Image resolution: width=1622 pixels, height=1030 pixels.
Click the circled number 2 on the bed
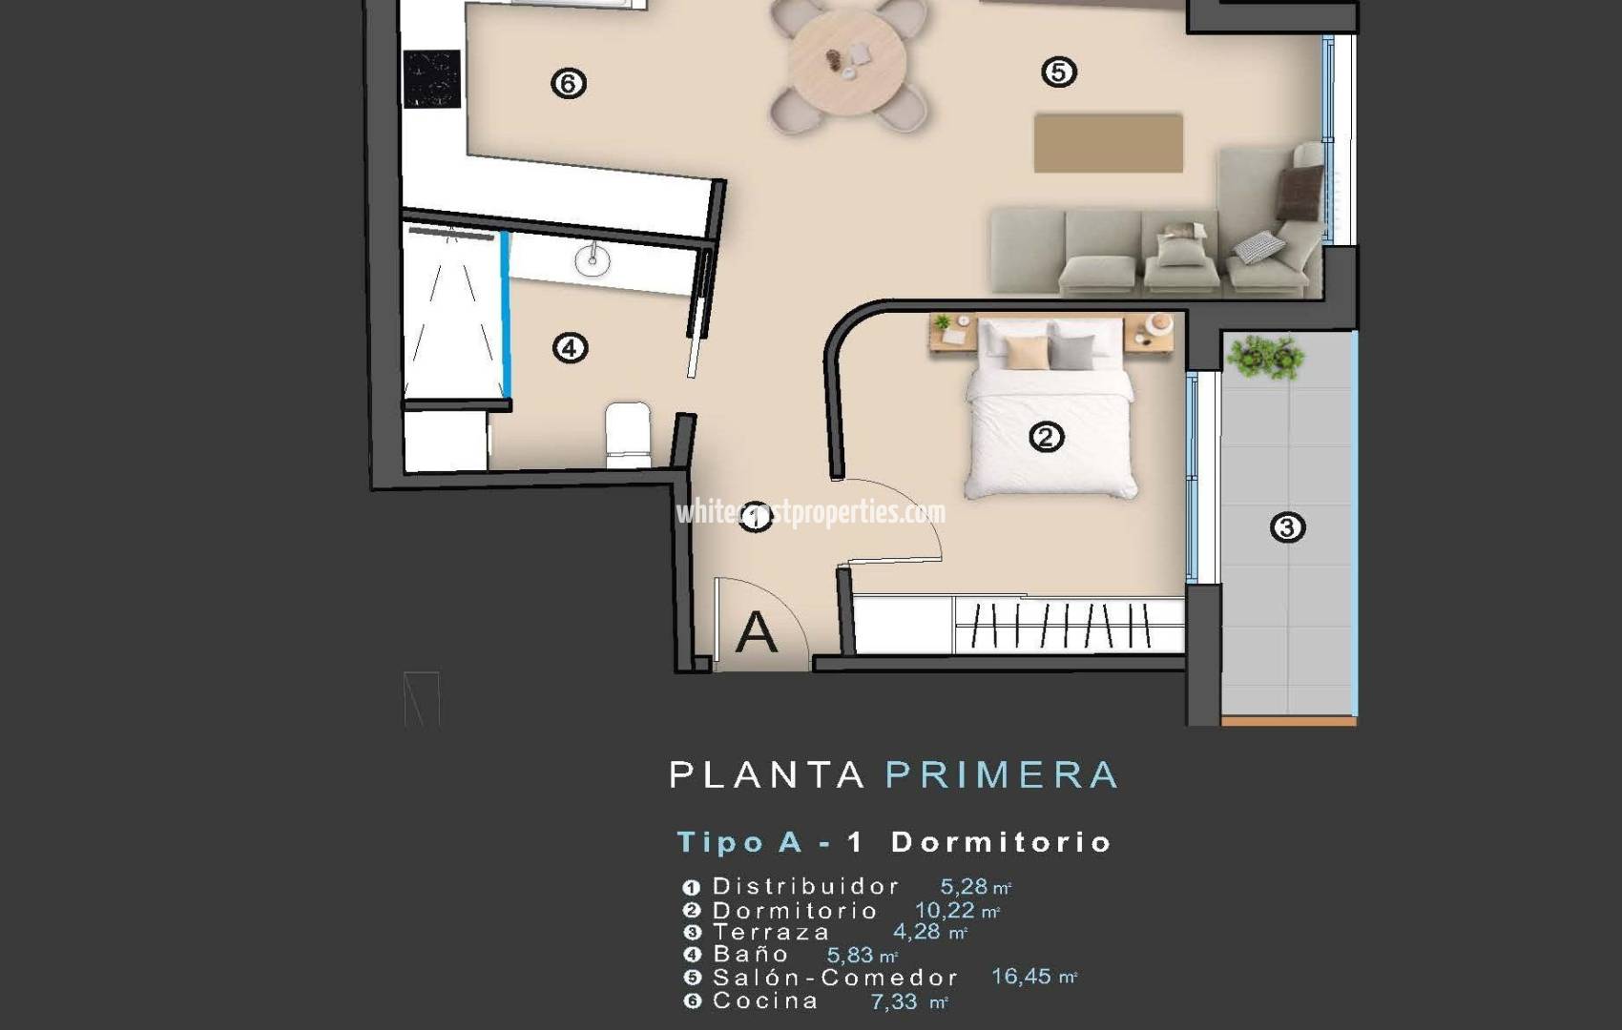[x=1046, y=437]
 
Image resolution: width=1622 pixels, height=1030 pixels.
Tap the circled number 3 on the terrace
[x=1287, y=527]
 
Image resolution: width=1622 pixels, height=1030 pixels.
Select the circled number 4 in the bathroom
[x=570, y=348]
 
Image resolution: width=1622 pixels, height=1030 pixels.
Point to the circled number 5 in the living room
[x=1059, y=72]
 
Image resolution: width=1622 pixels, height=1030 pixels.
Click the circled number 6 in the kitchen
[x=569, y=84]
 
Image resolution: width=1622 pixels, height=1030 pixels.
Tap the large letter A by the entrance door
[x=756, y=632]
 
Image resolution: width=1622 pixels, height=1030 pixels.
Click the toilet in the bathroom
[x=628, y=434]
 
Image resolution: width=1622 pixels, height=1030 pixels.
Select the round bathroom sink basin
[x=593, y=259]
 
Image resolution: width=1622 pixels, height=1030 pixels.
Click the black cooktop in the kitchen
[x=431, y=78]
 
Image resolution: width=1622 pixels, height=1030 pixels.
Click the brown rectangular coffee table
[x=1108, y=143]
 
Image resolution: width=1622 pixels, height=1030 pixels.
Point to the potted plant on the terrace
[x=1265, y=358]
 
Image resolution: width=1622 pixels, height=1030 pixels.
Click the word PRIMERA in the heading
[x=1002, y=774]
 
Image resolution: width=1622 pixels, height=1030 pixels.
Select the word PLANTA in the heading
[x=767, y=774]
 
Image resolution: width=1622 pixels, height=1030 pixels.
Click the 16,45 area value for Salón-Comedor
[x=1021, y=977]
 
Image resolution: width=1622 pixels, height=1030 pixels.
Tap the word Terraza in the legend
[x=771, y=932]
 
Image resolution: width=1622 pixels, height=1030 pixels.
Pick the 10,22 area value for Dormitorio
[x=945, y=910]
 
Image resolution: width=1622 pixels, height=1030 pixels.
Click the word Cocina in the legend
[x=765, y=1000]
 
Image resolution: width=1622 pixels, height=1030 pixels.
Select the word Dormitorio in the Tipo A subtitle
[x=1001, y=842]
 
